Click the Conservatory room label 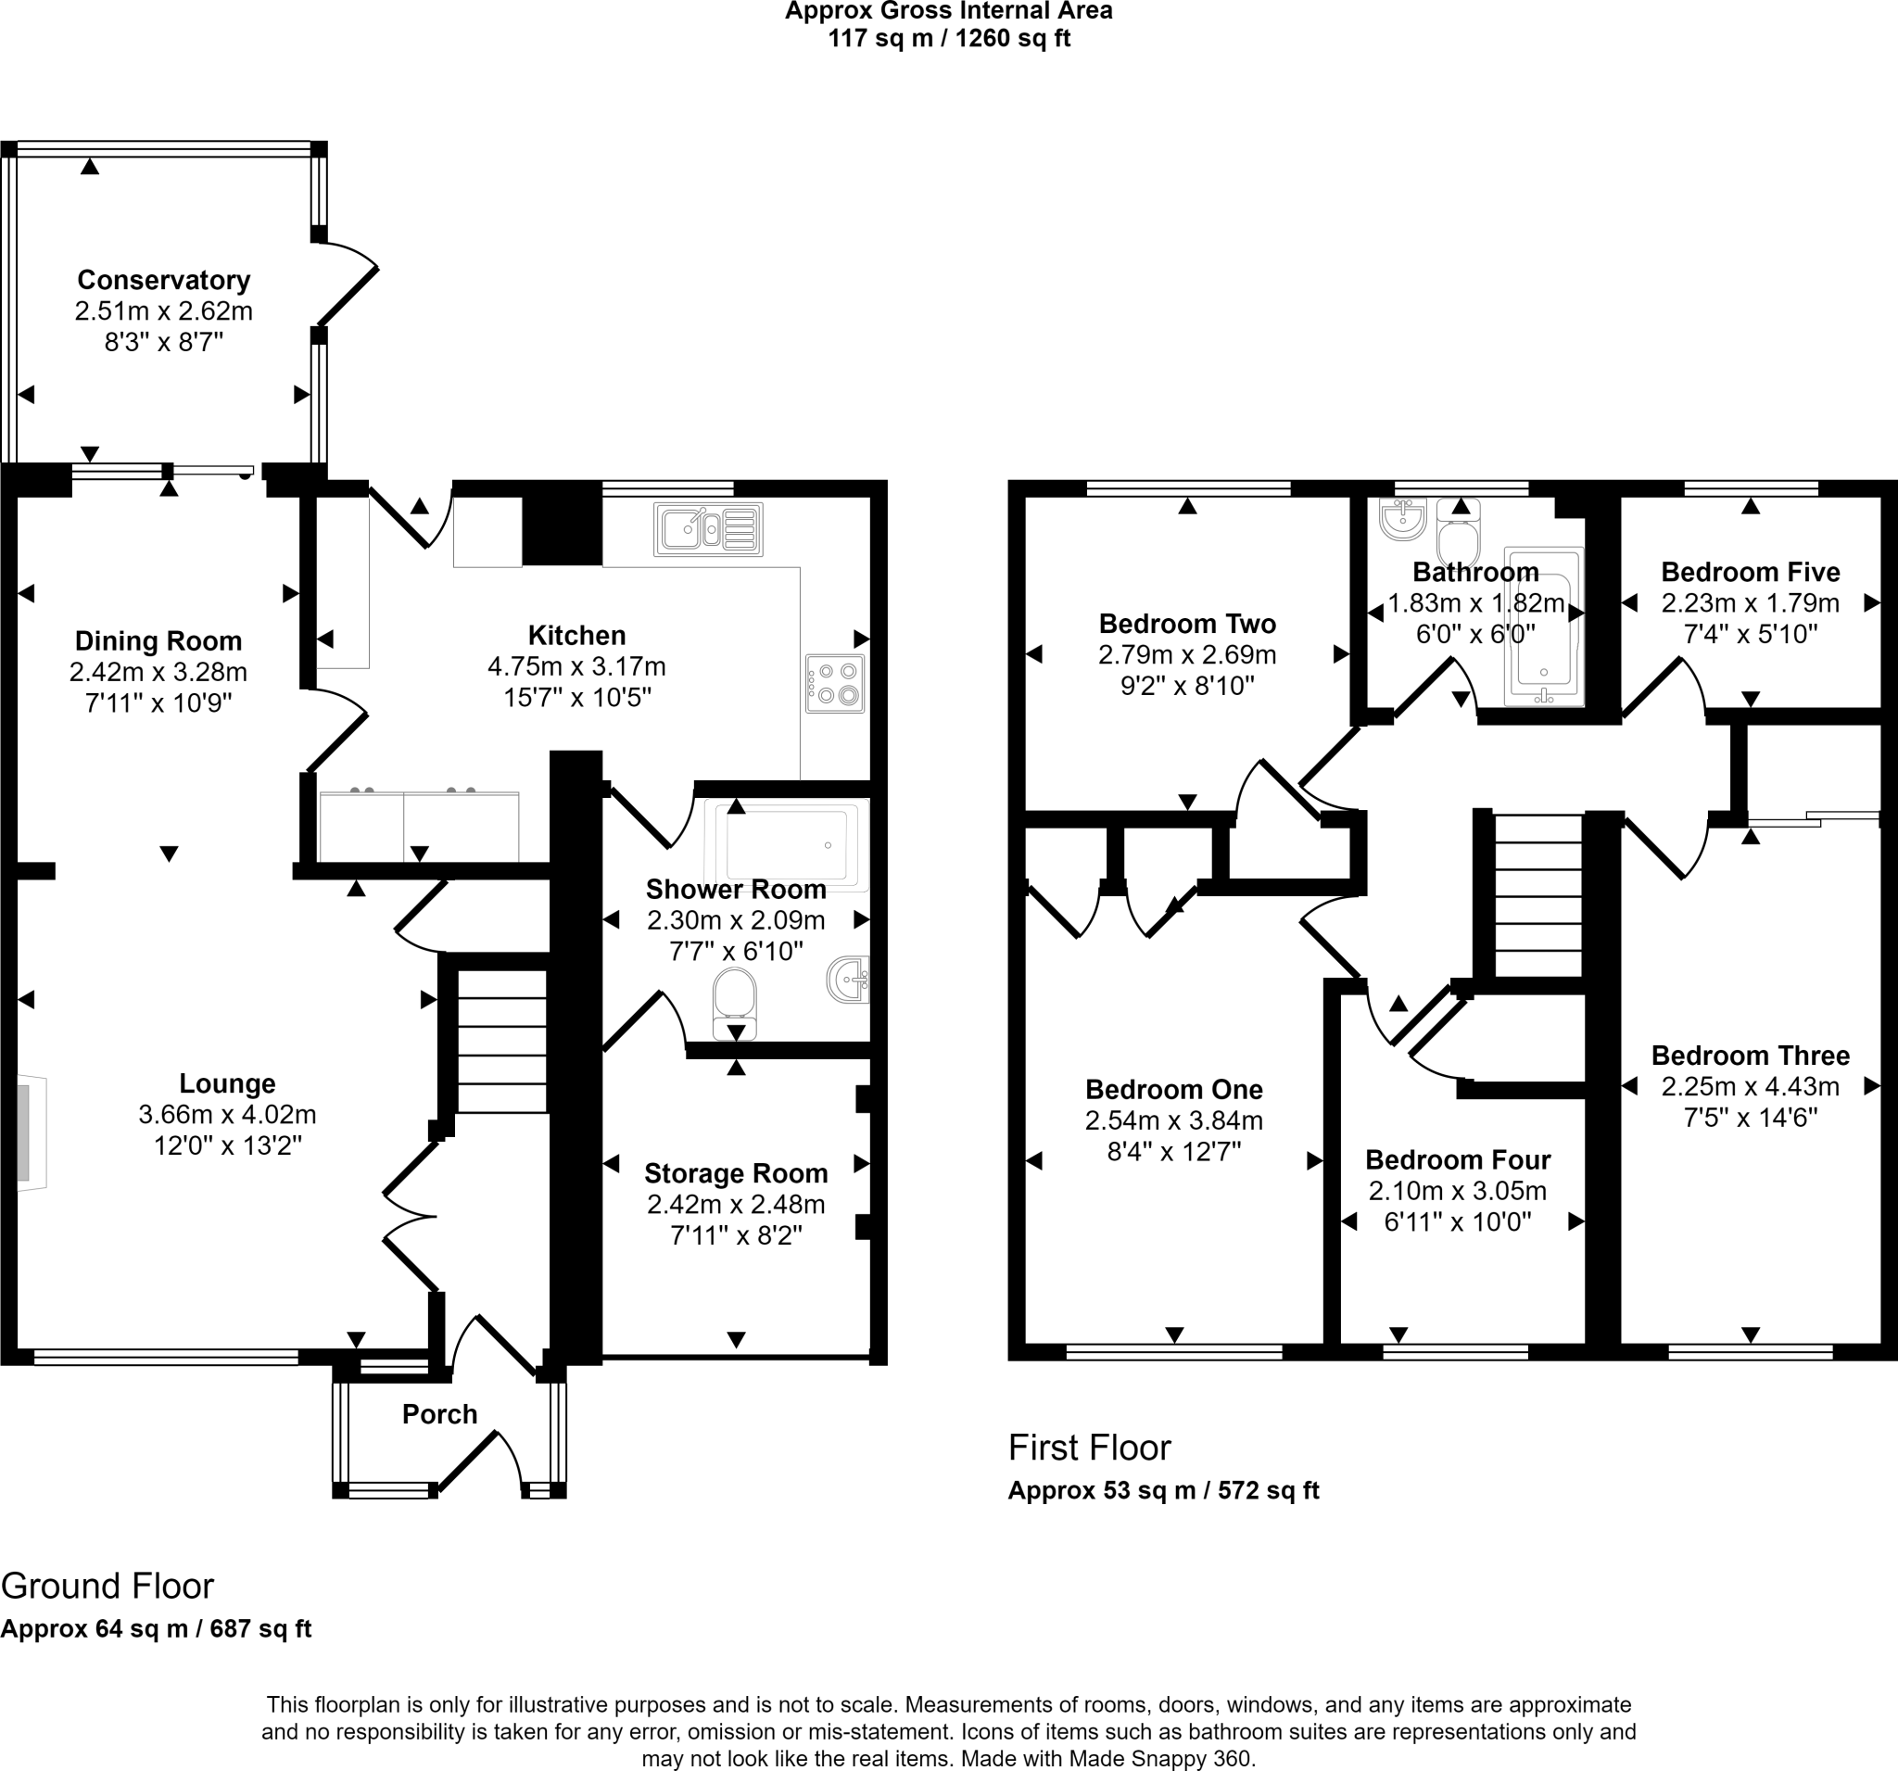click(x=163, y=280)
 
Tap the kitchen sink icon click(x=708, y=529)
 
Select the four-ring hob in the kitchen click(x=835, y=683)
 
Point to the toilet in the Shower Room click(x=734, y=1005)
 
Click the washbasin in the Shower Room click(x=849, y=980)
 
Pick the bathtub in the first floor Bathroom click(x=1544, y=626)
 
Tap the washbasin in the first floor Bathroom click(x=1402, y=518)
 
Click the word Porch click(x=439, y=1414)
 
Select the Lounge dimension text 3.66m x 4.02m click(x=227, y=1114)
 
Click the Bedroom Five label click(x=1750, y=572)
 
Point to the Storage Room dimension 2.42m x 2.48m click(x=736, y=1204)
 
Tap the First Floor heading click(x=1089, y=1448)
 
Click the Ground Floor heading click(x=107, y=1586)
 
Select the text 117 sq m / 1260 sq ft click(x=949, y=39)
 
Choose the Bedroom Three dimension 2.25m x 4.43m click(x=1750, y=1086)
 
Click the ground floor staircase click(x=502, y=1042)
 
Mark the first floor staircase click(x=1537, y=895)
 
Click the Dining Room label click(x=158, y=640)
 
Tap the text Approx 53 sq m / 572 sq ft click(x=1163, y=1490)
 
